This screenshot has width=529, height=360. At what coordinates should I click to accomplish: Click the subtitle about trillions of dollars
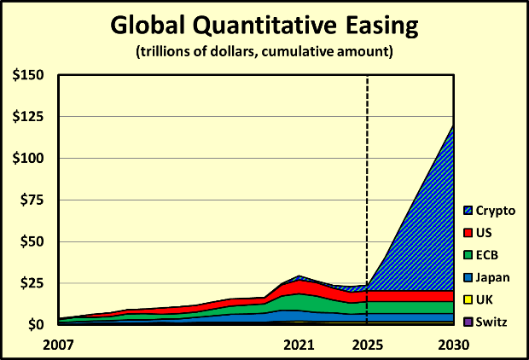(x=264, y=53)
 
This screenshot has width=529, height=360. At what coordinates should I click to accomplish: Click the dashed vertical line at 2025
(x=367, y=171)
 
